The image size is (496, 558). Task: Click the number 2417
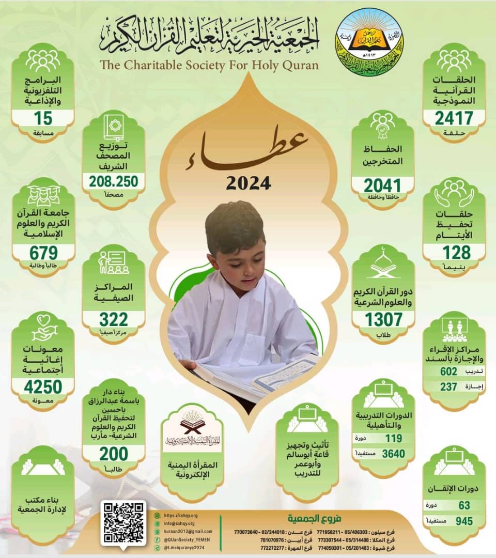coord(454,118)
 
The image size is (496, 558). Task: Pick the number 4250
coord(43,386)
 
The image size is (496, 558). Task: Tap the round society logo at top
coord(369,42)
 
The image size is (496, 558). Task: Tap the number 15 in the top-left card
coord(43,118)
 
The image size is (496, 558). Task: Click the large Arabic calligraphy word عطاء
coord(248,146)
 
